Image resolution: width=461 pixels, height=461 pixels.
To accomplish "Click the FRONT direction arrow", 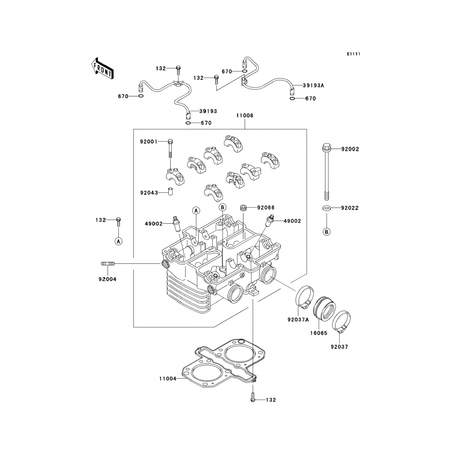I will tap(103, 69).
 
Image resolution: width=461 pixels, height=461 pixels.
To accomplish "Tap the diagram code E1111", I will tap(353, 54).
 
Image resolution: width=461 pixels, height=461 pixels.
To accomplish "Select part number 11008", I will tap(245, 116).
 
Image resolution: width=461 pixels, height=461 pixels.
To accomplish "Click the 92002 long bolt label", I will tap(350, 149).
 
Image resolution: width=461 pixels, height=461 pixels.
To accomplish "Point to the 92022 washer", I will tap(327, 208).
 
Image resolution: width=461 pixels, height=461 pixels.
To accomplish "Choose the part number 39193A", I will tap(313, 86).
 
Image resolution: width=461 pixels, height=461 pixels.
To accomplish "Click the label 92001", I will tap(149, 142).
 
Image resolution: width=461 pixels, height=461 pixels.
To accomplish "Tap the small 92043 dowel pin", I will tap(170, 191).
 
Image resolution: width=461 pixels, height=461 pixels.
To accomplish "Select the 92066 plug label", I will tap(266, 207).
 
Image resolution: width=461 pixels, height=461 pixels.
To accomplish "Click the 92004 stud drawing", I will tap(108, 263).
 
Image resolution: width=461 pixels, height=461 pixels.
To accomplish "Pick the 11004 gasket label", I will tap(168, 379).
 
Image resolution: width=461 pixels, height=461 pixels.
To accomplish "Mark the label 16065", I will tap(319, 333).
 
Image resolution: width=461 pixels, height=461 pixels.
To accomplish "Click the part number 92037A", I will tap(298, 320).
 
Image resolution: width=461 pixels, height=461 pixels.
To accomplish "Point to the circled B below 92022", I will tap(327, 232).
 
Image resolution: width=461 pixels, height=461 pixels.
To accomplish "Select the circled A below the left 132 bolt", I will tap(119, 242).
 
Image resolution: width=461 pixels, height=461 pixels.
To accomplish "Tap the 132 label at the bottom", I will tap(271, 400).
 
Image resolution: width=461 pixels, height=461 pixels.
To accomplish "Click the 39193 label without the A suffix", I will tap(208, 111).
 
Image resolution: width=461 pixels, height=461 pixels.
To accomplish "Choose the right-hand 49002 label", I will tap(292, 221).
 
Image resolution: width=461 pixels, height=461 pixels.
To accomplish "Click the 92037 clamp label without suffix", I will tap(339, 347).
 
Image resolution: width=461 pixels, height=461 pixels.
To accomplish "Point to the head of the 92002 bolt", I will tap(326, 147).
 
